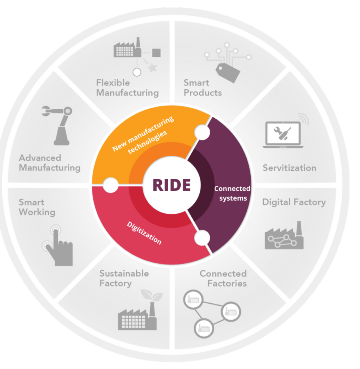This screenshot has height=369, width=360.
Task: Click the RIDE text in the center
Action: coord(172,185)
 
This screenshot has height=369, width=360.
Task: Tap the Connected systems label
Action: coord(232,193)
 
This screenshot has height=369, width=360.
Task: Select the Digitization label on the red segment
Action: coord(144,233)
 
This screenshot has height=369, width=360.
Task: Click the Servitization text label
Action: coord(289,168)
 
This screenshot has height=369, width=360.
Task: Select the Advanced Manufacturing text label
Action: coord(50,163)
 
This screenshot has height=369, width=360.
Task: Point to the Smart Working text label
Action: coord(37,207)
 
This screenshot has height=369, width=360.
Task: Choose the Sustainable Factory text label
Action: coord(124,278)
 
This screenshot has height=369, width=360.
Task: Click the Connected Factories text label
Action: coord(223,278)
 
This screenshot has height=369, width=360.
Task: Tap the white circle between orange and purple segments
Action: coord(202,132)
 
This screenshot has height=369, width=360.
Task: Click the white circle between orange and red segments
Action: coord(110,185)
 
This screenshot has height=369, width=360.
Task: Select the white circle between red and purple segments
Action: coord(202,238)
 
